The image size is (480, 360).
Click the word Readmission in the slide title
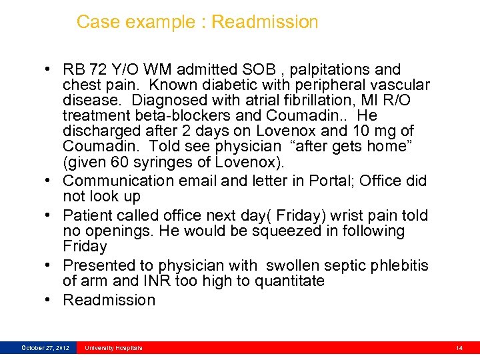click(265, 22)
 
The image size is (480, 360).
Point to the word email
click(197, 181)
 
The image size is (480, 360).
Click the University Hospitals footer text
click(113, 348)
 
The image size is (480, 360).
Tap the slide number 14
click(459, 348)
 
